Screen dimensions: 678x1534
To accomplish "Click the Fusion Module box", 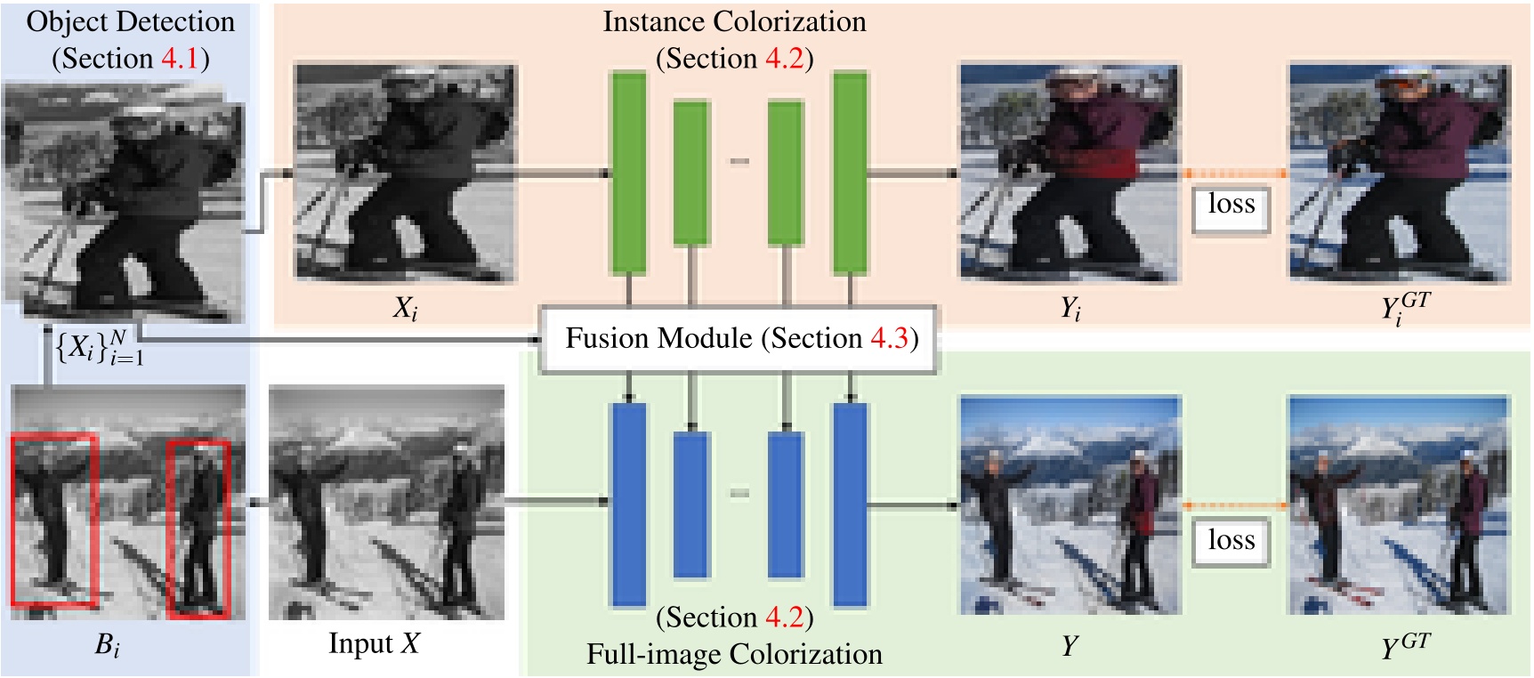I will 739,339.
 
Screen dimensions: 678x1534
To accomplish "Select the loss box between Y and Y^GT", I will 1231,541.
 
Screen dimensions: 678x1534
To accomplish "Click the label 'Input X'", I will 374,643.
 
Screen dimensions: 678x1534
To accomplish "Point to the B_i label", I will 107,645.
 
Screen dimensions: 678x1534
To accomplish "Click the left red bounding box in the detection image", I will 53,521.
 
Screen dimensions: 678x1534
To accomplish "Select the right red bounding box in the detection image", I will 199,528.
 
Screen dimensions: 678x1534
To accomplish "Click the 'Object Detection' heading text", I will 130,22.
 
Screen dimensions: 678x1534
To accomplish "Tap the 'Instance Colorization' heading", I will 734,22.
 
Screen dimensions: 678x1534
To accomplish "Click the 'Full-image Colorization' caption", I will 734,655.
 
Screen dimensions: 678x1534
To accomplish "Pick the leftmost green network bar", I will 628,172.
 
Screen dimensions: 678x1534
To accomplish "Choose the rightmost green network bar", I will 850,172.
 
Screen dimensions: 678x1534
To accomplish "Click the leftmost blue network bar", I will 628,504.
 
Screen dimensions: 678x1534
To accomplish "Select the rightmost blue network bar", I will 850,504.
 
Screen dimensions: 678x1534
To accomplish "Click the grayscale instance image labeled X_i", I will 405,173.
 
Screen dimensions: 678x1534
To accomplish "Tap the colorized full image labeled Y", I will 1070,504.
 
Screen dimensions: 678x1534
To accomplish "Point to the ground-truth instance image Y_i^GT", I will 1400,173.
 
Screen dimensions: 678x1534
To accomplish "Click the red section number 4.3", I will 890,339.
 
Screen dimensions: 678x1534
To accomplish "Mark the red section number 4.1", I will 181,60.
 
